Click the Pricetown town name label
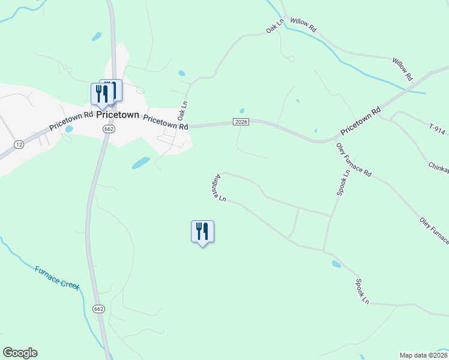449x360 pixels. point(118,115)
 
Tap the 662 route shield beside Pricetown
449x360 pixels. point(109,129)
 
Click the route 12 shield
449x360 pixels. point(19,145)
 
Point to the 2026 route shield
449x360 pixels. point(241,122)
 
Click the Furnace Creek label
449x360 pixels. point(57,277)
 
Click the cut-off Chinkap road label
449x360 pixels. point(438,166)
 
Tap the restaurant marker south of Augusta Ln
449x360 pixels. point(202,232)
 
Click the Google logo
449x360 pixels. point(20,353)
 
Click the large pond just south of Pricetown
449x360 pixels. point(140,163)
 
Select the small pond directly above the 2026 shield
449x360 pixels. point(242,111)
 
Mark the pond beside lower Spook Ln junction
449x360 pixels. point(336,264)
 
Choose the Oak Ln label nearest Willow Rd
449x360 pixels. point(274,28)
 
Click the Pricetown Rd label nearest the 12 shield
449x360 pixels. point(71,121)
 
